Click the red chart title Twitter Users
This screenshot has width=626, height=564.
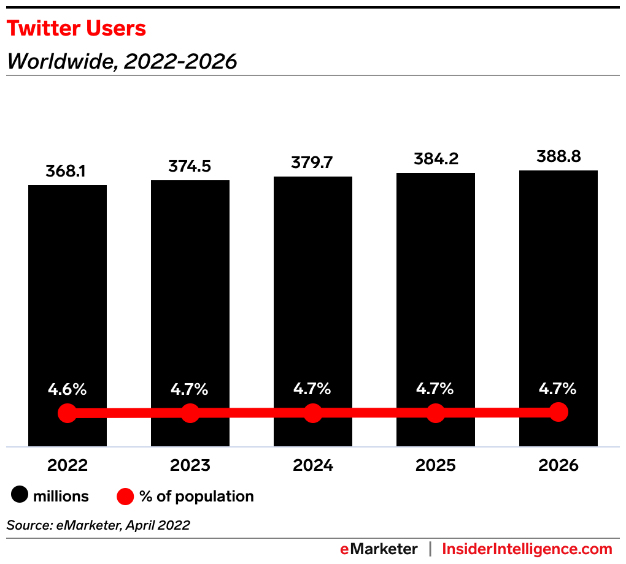pos(76,29)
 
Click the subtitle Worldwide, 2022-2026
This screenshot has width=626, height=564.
pos(122,61)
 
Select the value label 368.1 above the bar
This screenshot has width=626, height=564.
pos(66,172)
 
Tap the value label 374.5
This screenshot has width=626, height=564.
pos(190,167)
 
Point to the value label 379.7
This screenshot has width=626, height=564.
pos(312,163)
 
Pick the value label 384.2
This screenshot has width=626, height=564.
pos(435,159)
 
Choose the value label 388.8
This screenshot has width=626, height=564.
pos(558,157)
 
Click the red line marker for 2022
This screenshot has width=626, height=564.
pos(67,413)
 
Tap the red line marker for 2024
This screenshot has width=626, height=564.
pos(313,413)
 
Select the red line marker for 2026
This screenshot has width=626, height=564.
pos(558,412)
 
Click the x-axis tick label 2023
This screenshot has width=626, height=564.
pos(190,465)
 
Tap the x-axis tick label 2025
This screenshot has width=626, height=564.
pos(436,465)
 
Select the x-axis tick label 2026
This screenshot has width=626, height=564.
pos(558,465)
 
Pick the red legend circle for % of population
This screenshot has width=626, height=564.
pos(125,496)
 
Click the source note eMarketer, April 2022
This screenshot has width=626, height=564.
pos(98,525)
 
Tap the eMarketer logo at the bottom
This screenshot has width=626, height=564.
pos(379,549)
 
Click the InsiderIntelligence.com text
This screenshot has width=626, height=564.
pos(527,549)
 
